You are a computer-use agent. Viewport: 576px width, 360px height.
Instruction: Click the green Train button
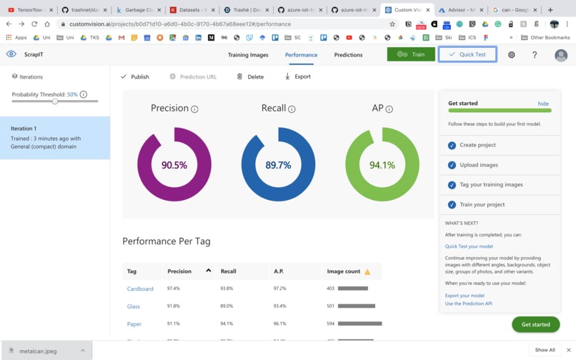pos(411,54)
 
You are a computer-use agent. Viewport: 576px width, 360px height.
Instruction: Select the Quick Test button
pos(467,54)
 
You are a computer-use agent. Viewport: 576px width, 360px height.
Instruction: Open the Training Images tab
pos(248,55)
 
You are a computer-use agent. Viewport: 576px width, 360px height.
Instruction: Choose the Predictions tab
pos(348,55)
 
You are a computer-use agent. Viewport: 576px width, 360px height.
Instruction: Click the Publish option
pos(135,76)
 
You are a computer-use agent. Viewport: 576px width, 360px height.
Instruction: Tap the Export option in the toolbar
pos(298,76)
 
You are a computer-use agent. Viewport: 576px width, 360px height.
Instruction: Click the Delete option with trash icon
pos(251,76)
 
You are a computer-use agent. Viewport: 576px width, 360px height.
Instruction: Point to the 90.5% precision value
pos(174,165)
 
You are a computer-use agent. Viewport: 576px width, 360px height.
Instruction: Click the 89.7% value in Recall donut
pos(278,165)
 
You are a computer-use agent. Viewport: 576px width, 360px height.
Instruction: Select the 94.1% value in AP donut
pos(382,165)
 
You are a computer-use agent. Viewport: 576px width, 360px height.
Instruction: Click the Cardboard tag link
pos(140,289)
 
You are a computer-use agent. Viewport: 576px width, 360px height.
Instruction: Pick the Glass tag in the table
pos(134,306)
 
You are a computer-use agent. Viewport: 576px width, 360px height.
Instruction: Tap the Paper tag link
pos(134,324)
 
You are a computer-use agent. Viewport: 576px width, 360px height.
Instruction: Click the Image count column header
pos(344,271)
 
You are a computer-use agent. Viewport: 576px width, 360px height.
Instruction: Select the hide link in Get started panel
pos(543,104)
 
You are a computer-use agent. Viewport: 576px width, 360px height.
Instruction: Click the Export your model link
pos(465,295)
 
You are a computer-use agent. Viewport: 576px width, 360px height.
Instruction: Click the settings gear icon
pos(512,55)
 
